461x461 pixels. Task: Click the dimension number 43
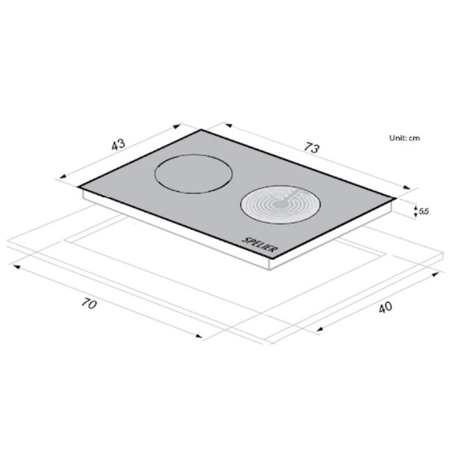pos(119,145)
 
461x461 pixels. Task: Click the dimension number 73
pos(312,148)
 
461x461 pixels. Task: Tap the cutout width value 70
pos(89,303)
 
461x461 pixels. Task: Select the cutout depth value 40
pos(385,307)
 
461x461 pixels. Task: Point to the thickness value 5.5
pos(424,211)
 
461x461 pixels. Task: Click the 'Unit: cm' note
pos(405,138)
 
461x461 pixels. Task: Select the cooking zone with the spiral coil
pos(281,205)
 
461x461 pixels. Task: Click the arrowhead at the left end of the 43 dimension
pos(62,177)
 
